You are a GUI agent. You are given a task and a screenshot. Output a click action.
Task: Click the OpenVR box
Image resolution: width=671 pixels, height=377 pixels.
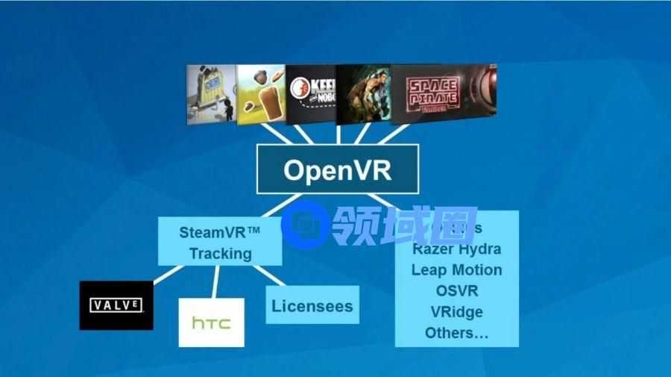(338, 169)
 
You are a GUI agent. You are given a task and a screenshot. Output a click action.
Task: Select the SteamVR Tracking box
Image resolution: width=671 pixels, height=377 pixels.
(220, 242)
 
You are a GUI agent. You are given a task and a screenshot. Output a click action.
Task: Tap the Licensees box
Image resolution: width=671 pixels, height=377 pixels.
(312, 305)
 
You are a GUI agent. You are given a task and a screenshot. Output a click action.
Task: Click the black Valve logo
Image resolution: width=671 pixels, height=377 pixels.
(116, 305)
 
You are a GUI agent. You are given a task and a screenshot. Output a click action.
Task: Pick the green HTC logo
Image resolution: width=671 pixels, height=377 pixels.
(211, 323)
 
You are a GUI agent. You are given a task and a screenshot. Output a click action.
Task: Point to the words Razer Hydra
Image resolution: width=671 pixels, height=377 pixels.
(456, 249)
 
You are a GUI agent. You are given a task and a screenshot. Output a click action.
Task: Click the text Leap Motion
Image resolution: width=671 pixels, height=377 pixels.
(456, 270)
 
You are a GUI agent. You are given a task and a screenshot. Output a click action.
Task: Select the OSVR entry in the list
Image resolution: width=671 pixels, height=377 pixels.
(456, 291)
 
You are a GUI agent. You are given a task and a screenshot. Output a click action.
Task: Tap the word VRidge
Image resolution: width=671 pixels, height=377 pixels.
(456, 312)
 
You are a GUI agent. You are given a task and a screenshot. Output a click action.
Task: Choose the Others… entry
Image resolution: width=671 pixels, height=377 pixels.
(456, 333)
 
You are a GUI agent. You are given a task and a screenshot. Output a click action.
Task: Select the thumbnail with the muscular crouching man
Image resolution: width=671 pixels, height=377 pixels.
(363, 94)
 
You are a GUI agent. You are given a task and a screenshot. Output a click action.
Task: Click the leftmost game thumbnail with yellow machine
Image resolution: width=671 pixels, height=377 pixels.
(211, 94)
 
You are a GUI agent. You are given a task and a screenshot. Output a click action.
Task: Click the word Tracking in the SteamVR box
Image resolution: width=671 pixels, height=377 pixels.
(220, 253)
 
